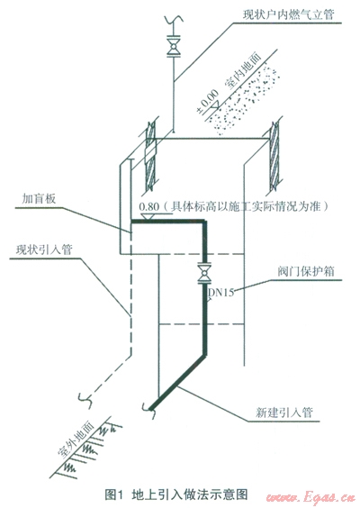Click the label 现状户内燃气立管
(288, 14)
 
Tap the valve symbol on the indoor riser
(174, 46)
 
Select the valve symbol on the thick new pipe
(204, 274)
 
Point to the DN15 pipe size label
(220, 293)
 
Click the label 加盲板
(39, 199)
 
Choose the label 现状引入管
(44, 249)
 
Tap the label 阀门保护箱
(305, 271)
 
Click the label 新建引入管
(283, 413)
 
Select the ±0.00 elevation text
(206, 102)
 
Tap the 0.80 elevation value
(149, 206)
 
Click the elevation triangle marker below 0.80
(148, 216)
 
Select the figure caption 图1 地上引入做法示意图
(176, 494)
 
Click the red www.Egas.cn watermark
(310, 497)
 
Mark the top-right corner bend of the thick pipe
(204, 222)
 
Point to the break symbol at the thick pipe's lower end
(149, 410)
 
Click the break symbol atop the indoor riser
(174, 20)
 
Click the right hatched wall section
(275, 157)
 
